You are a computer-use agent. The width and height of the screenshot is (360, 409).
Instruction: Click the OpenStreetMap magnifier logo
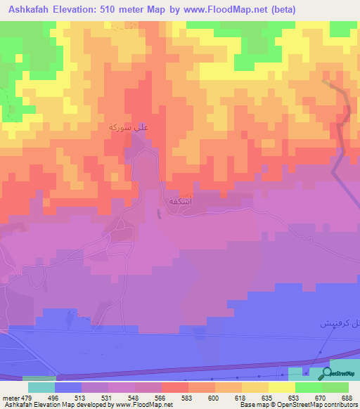328,373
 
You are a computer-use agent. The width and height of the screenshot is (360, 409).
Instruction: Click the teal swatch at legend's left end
41,387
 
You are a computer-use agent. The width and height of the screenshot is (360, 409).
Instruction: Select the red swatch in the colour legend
174,387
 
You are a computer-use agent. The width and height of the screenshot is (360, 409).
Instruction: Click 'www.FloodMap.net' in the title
224,10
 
